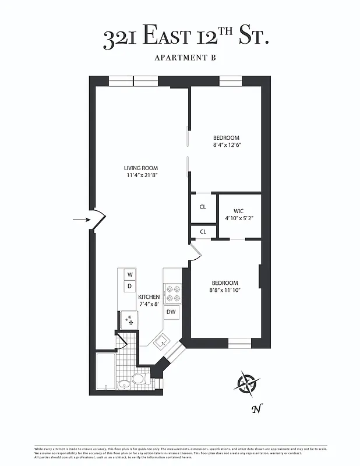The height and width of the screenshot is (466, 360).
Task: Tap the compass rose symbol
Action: [248, 383]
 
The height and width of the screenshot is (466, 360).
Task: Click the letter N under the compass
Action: [255, 409]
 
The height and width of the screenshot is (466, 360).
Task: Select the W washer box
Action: [130, 274]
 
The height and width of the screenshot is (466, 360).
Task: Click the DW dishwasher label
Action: [171, 312]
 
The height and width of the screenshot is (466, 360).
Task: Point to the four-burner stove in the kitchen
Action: [172, 293]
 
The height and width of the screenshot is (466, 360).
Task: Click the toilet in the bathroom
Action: [139, 379]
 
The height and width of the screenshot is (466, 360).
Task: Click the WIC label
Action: [239, 211]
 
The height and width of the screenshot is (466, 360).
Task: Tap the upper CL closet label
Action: [203, 207]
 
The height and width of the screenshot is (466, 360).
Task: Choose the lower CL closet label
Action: [203, 231]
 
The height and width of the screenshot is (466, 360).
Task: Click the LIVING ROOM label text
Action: [141, 168]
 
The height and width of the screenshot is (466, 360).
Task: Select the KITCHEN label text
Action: [149, 297]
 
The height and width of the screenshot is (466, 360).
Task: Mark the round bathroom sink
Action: [123, 385]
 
